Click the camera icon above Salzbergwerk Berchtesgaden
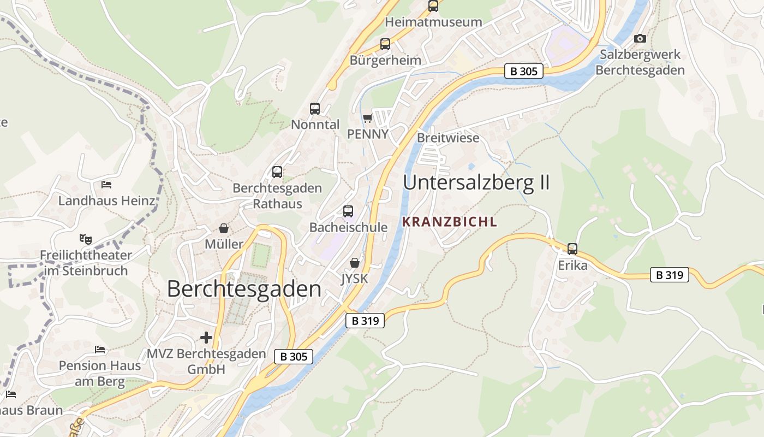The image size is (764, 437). click(x=640, y=38)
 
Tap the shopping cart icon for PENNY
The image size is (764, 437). click(x=367, y=118)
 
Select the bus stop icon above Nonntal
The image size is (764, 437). click(x=315, y=108)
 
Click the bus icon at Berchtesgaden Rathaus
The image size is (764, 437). click(x=277, y=172)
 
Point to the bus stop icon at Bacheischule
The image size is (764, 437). click(x=348, y=211)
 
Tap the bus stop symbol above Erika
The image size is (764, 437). click(x=572, y=249)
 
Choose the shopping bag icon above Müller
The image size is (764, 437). click(x=224, y=228)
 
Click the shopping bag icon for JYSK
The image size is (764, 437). click(x=355, y=263)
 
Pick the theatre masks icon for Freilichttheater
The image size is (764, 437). click(x=85, y=239)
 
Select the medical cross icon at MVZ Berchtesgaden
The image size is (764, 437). click(x=206, y=338)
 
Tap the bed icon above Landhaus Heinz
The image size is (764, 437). click(x=106, y=185)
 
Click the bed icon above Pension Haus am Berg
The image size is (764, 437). click(x=99, y=349)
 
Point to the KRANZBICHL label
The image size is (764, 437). click(x=450, y=222)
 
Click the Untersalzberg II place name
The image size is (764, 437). click(x=476, y=182)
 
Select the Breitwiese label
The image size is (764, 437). click(x=448, y=138)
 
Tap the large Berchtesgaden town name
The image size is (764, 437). click(x=244, y=289)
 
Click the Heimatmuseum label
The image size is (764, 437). click(x=433, y=22)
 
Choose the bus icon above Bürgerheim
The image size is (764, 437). click(x=385, y=44)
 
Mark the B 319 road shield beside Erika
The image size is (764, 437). click(x=669, y=275)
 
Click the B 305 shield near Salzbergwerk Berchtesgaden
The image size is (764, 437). click(x=523, y=70)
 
